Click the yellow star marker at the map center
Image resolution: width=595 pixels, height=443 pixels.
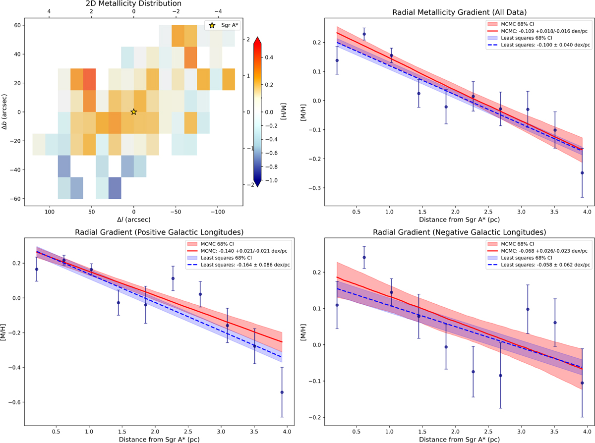(x=133, y=112)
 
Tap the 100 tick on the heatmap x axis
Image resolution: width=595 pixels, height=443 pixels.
(x=49, y=210)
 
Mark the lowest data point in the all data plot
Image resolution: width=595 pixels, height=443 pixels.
(x=582, y=173)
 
